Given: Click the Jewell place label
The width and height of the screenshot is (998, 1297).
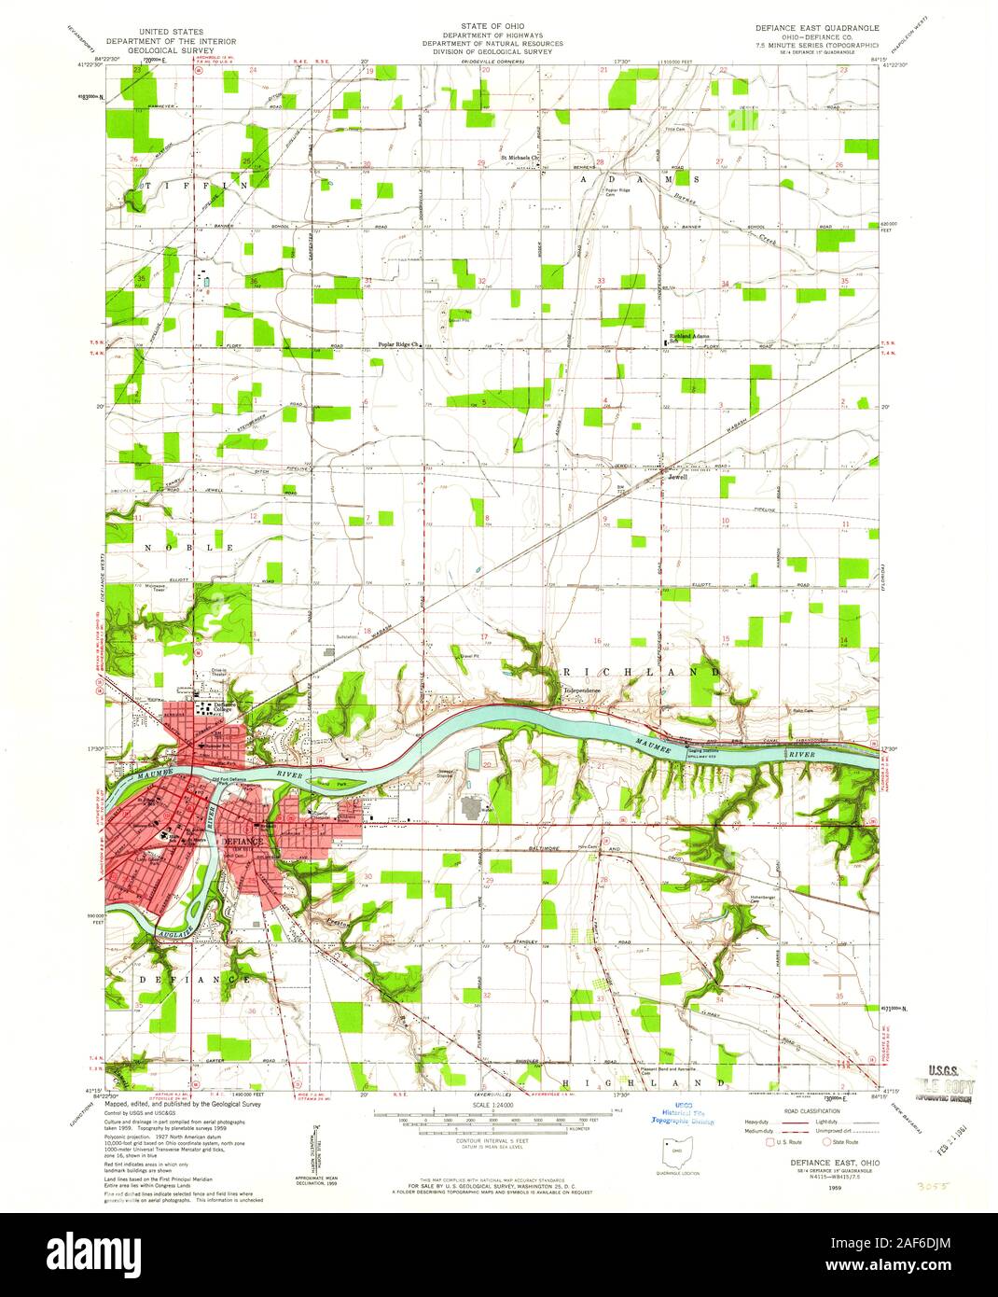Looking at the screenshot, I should (x=678, y=476).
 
